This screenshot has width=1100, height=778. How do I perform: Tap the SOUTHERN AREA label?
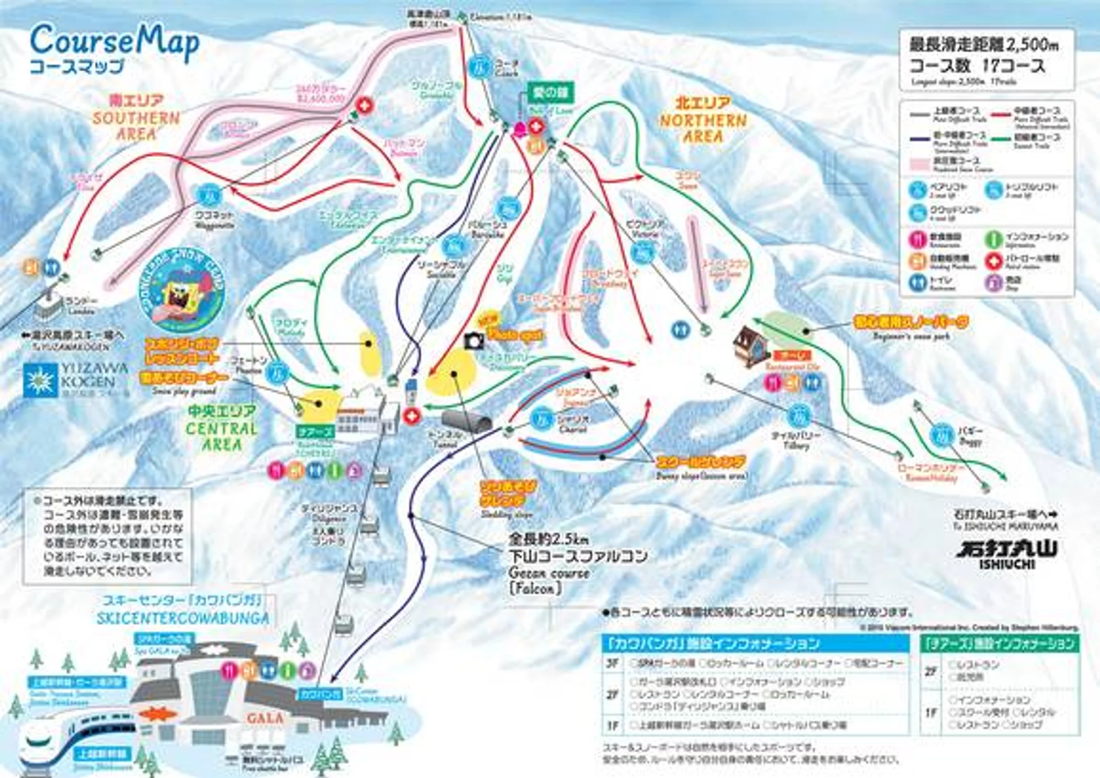tap(136, 118)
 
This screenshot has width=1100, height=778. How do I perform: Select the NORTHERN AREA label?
tap(703, 120)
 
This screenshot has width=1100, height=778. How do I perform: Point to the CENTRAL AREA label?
tap(222, 428)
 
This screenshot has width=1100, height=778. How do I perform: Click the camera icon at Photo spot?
tap(474, 341)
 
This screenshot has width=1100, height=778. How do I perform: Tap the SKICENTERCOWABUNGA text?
tap(183, 619)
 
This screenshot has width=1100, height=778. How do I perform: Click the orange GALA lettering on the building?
tap(265, 718)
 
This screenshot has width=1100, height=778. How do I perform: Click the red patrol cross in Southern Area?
tap(364, 104)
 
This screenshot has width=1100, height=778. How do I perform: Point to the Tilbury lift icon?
tap(798, 416)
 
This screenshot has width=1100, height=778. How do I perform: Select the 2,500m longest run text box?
tap(986, 59)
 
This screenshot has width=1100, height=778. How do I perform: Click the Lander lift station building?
tap(48, 306)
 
